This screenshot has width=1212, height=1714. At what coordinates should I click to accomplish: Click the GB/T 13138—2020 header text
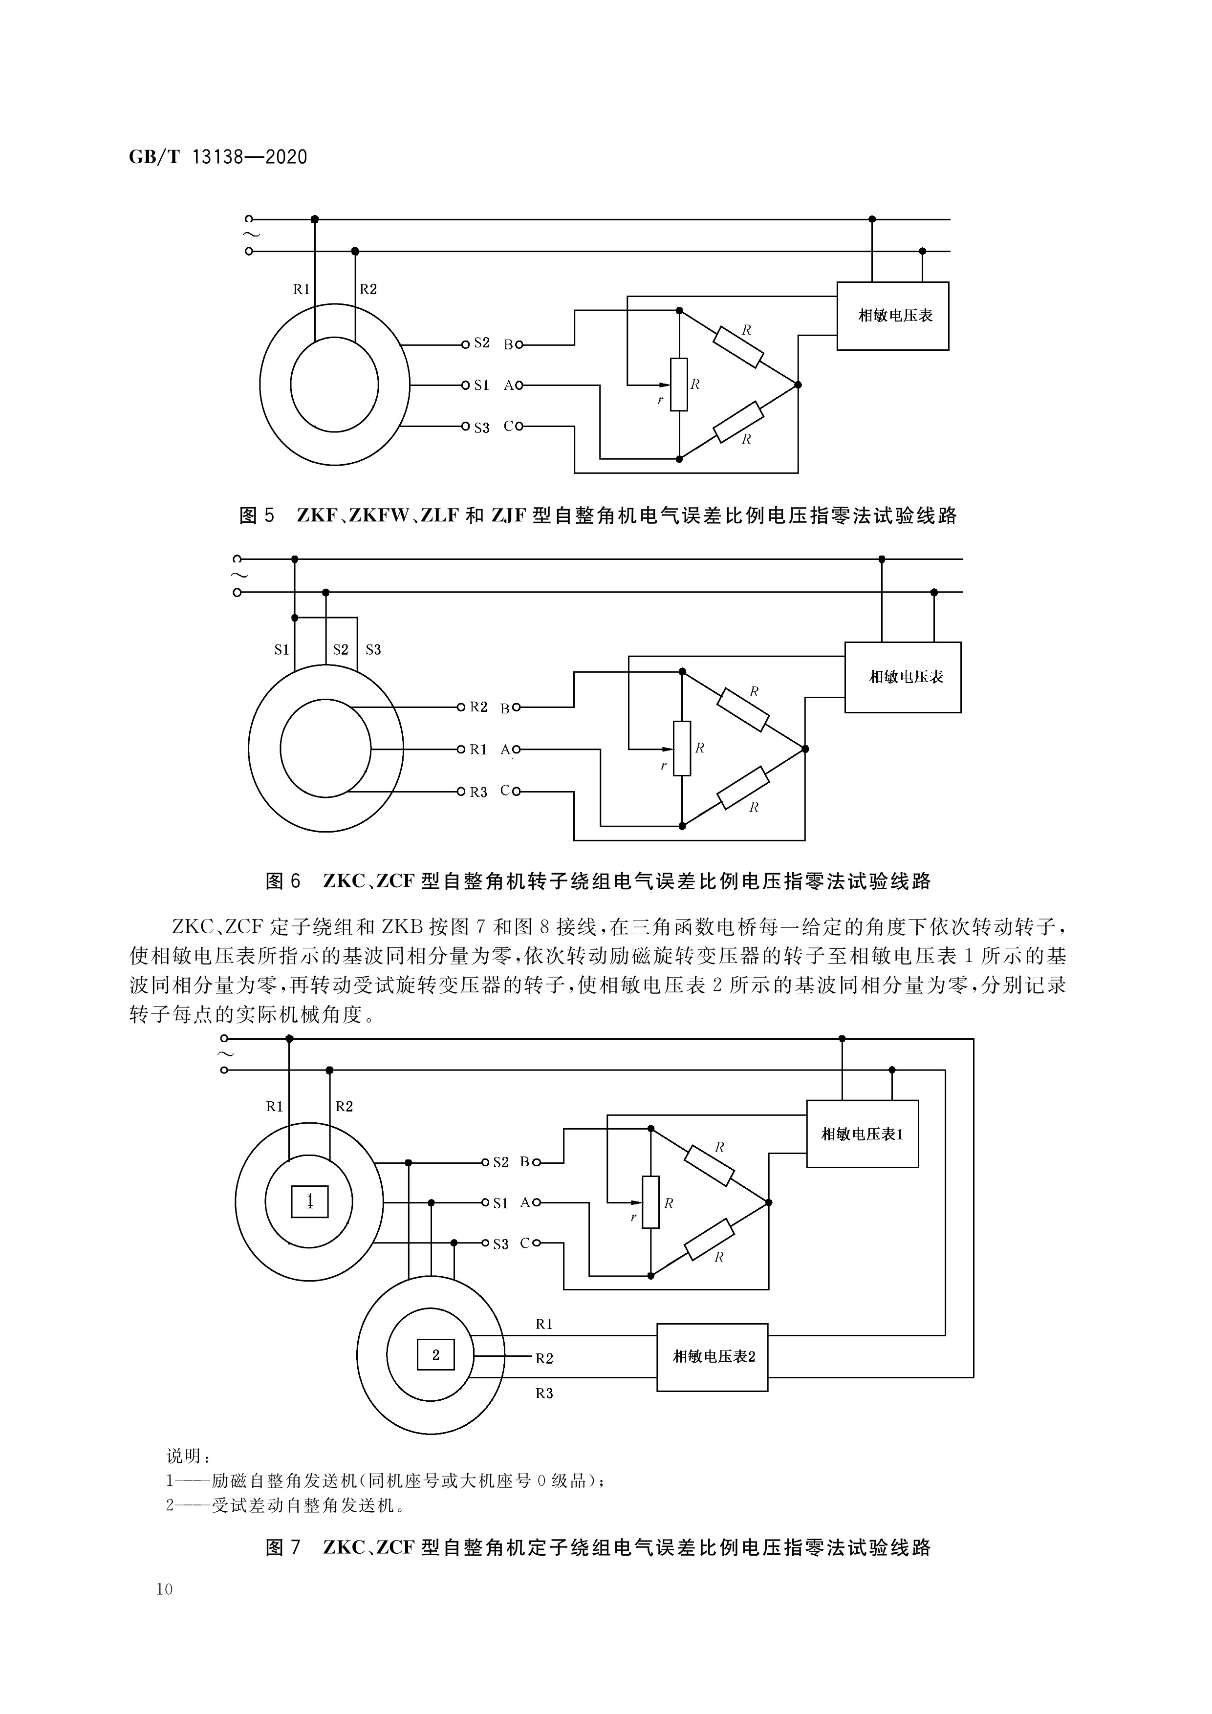pos(218,157)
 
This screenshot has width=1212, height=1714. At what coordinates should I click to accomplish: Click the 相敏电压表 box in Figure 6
pos(903,677)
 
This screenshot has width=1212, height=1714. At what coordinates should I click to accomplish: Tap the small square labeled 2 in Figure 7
pos(435,1355)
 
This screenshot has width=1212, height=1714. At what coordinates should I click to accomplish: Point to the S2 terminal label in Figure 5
pos(482,343)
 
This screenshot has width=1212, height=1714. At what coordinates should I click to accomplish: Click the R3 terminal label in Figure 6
pos(478,792)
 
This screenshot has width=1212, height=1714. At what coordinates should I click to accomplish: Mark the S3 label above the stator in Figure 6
pos(373,649)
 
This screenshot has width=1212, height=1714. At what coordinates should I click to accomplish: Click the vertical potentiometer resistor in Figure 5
pos(679,385)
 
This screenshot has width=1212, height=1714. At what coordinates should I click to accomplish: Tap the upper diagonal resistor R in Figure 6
pos(743,709)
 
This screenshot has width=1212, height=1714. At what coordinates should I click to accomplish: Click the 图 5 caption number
pos(257,516)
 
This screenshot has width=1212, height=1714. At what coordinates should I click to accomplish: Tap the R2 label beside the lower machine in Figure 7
pos(544,1359)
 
